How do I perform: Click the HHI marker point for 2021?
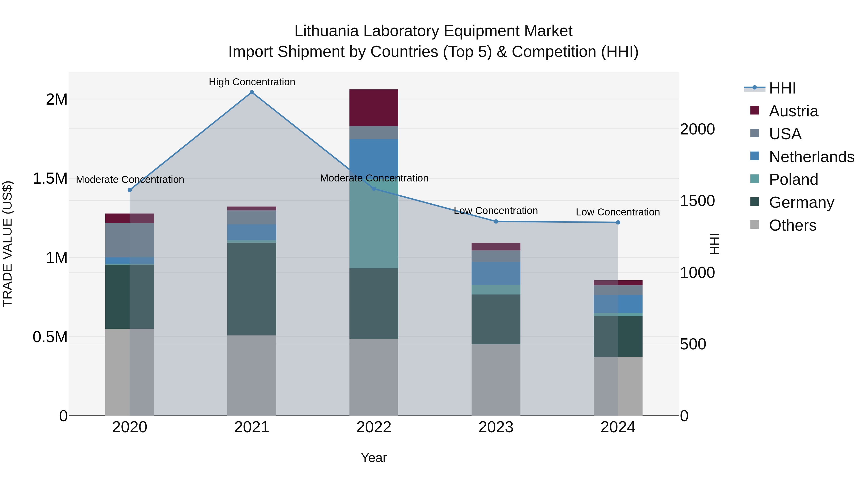pyautogui.click(x=252, y=92)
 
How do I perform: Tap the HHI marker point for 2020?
pyautogui.click(x=130, y=190)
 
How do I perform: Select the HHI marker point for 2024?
pyautogui.click(x=618, y=222)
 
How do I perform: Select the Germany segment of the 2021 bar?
pyautogui.click(x=252, y=289)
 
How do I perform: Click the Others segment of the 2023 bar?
pyautogui.click(x=496, y=380)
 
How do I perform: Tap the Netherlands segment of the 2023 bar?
pyautogui.click(x=496, y=274)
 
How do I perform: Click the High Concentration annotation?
pyautogui.click(x=252, y=82)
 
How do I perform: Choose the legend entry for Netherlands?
pyautogui.click(x=811, y=157)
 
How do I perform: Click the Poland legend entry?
pyautogui.click(x=793, y=180)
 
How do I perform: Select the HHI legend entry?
pyautogui.click(x=782, y=88)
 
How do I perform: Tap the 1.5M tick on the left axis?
pyautogui.click(x=50, y=179)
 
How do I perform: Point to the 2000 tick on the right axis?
pyautogui.click(x=697, y=129)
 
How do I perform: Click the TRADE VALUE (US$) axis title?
pyautogui.click(x=7, y=244)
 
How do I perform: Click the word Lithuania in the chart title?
pyautogui.click(x=326, y=31)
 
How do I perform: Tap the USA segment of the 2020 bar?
pyautogui.click(x=130, y=240)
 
